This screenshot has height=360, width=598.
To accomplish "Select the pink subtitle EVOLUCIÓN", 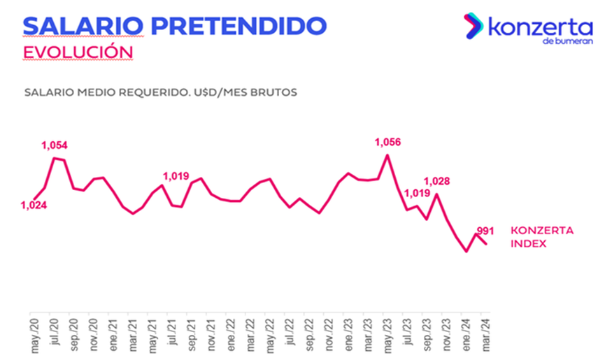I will pos(69,53).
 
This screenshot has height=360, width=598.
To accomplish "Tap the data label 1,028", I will pos(436,181).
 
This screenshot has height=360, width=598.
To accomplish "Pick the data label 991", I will pos(485,230).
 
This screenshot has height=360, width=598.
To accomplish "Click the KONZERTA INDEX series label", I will pos(542,237).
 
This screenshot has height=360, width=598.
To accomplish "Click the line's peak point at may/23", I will pos(387,155).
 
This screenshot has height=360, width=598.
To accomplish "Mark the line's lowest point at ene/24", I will pos(467,250).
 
